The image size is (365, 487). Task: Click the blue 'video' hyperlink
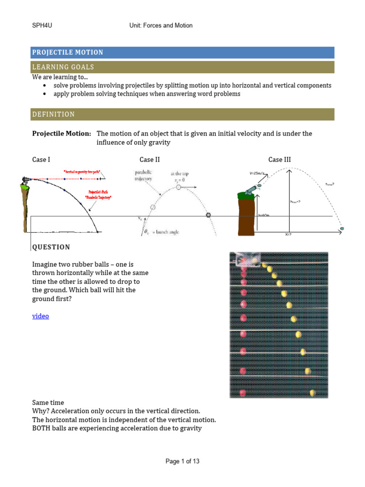tap(40, 316)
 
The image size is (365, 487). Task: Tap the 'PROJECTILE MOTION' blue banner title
tap(67, 52)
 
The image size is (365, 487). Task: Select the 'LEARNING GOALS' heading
tap(63, 67)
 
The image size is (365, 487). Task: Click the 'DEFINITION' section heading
tap(53, 114)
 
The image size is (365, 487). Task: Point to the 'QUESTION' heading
tap(51, 247)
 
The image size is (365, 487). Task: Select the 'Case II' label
tap(149, 159)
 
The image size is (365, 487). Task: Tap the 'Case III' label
tap(279, 159)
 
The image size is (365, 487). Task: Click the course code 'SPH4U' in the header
tap(41, 25)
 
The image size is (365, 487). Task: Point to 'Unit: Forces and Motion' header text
tap(161, 25)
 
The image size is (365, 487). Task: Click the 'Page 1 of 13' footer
tap(182, 461)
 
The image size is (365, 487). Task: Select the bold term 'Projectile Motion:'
tap(61, 134)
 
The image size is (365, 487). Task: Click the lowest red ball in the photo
tap(243, 393)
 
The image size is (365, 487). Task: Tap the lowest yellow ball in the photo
tap(312, 392)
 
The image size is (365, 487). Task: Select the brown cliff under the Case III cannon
tap(247, 217)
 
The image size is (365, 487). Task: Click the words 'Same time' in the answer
tap(48, 402)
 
